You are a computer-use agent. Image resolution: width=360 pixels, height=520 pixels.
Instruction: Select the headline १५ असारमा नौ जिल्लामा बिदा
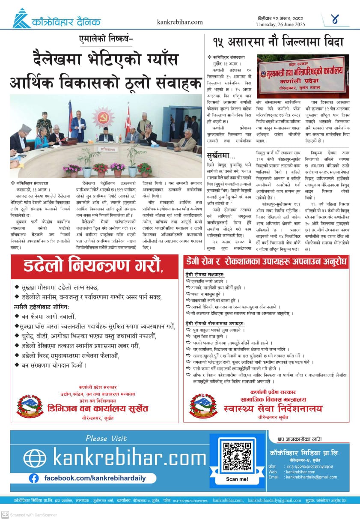click(278, 42)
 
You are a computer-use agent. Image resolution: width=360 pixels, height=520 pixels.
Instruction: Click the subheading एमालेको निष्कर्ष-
click(106, 39)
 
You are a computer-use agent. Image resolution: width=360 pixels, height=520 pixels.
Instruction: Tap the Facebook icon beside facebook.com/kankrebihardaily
click(34, 478)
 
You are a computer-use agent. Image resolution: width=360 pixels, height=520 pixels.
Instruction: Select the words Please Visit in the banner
click(106, 438)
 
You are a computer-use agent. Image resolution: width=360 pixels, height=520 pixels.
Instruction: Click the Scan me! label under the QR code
click(237, 479)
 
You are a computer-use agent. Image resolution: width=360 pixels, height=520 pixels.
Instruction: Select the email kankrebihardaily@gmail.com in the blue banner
click(311, 477)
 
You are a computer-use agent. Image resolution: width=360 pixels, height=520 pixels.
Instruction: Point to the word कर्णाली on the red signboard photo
click(303, 81)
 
